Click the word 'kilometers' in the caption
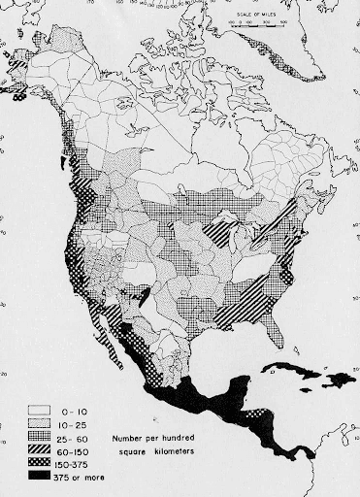183,451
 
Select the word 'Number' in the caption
127,438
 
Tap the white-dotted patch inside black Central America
254,424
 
